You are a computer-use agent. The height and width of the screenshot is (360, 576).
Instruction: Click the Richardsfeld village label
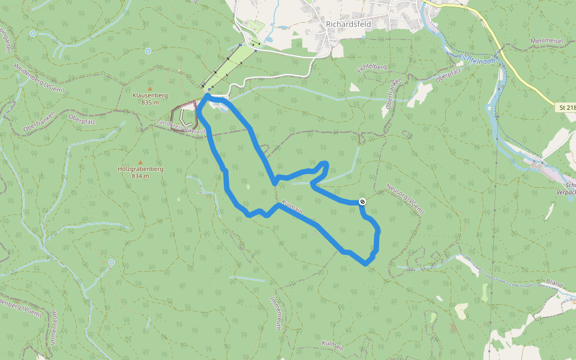click(349, 24)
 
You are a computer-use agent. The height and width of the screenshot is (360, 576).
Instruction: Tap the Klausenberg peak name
click(150, 95)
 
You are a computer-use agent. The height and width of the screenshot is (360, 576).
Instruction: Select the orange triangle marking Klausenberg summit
click(150, 89)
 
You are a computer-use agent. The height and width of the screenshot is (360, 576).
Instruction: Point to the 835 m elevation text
click(150, 103)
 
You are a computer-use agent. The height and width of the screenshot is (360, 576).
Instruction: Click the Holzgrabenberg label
click(140, 169)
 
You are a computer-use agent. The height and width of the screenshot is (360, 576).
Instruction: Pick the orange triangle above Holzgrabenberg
click(140, 162)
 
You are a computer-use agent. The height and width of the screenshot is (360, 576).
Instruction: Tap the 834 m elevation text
click(140, 176)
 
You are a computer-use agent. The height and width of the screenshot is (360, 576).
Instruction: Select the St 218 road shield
click(566, 107)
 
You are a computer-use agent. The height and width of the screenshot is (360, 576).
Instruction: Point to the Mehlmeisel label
click(547, 41)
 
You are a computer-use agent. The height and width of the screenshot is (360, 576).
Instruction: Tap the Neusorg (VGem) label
click(406, 197)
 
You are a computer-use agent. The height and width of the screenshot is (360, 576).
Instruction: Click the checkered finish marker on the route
click(362, 202)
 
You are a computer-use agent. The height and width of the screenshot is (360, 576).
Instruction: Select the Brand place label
click(556, 283)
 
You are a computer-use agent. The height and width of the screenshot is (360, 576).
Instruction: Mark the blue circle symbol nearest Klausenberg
click(148, 51)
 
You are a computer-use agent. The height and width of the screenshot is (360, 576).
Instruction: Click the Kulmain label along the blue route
click(292, 206)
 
